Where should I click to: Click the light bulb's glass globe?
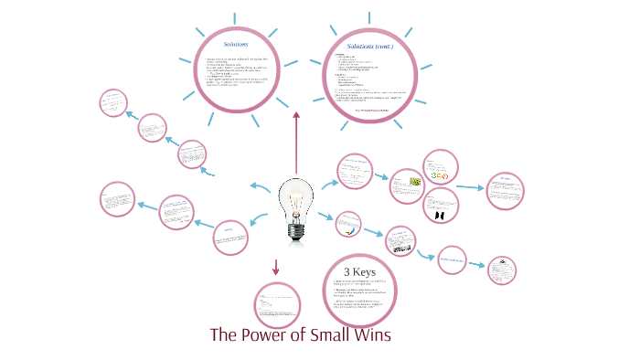[x=296, y=196]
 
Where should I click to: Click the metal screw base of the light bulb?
[x=296, y=232]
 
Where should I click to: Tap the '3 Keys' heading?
[x=359, y=270]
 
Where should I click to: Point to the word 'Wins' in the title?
[x=371, y=334]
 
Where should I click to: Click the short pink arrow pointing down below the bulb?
[x=275, y=267]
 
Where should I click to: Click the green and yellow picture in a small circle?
[x=414, y=181]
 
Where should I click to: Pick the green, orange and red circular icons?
[x=439, y=175]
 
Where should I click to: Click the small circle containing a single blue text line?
[x=454, y=260]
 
